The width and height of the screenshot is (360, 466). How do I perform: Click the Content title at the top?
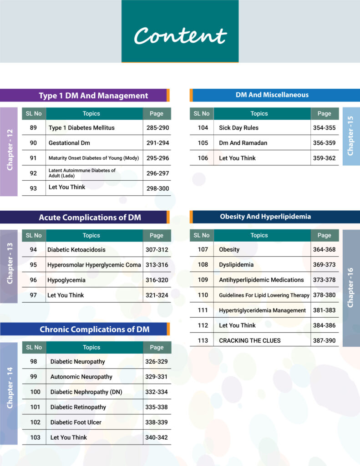pos(180,35)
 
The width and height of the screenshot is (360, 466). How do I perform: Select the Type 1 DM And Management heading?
pos(93,96)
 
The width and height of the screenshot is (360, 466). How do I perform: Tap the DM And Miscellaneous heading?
pos(272,95)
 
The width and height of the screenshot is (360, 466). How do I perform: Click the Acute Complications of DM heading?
pos(90,218)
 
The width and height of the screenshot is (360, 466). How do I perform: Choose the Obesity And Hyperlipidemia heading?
pos(265,217)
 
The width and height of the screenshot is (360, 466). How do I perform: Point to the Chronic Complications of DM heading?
pos(95,329)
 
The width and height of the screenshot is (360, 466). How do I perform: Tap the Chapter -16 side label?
pos(350,288)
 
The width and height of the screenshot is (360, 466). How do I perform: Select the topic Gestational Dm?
pos(69,143)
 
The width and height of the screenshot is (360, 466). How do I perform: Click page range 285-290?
pos(157,128)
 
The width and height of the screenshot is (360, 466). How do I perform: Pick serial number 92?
pos(33,173)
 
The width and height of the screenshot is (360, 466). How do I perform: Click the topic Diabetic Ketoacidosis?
pos(76,250)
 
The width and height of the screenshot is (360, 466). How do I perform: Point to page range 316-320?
pos(157,280)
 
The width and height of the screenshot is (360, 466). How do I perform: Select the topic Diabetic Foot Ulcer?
pos(76,422)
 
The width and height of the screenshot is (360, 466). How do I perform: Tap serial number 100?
pos(35,392)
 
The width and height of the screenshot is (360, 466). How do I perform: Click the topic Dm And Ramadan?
pos(243,143)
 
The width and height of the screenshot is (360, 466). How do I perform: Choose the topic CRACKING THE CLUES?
pos(250,340)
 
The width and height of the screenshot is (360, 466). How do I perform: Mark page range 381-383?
pos(324,310)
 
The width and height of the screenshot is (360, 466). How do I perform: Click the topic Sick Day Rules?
pos(239,128)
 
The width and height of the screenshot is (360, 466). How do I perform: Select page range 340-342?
pos(157,437)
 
